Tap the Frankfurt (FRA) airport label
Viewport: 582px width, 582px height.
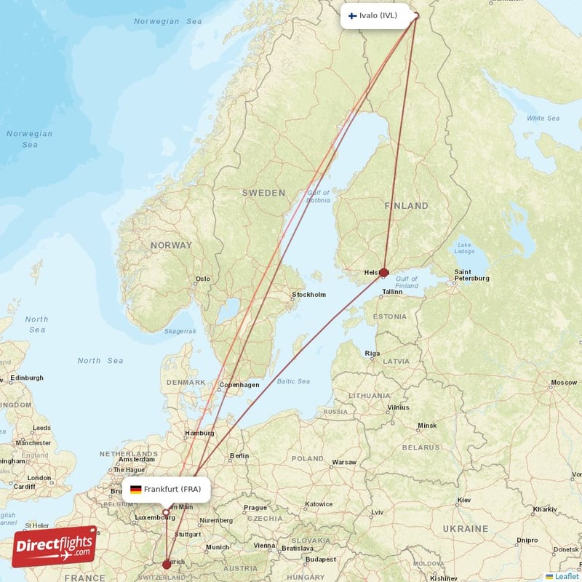click(x=167, y=489)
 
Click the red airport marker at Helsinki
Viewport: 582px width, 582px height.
click(x=384, y=273)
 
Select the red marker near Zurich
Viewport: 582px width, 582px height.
click(x=167, y=564)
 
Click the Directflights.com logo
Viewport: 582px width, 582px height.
click(x=55, y=546)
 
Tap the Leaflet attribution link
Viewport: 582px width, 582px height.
click(x=562, y=576)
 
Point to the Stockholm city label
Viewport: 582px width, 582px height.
click(x=308, y=295)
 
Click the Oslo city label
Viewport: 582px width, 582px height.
click(x=202, y=279)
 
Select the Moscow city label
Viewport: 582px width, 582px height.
click(x=564, y=382)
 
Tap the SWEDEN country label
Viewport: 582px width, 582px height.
click(x=263, y=193)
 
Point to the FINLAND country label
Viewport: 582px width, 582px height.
click(x=407, y=206)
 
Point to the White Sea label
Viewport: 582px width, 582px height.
click(x=543, y=118)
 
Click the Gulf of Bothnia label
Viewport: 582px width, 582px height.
click(x=318, y=196)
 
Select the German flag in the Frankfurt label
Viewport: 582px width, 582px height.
click(x=135, y=489)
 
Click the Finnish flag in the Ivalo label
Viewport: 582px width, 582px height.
click(x=352, y=15)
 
